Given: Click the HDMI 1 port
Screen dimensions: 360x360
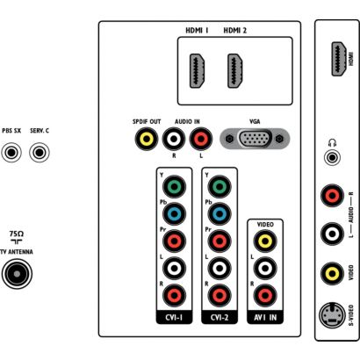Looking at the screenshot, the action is coord(198,71).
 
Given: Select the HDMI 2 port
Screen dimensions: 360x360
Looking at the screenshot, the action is coord(235,71).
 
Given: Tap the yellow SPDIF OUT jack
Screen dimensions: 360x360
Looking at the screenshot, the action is coord(147,139).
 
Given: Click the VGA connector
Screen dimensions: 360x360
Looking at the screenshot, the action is coord(255,139).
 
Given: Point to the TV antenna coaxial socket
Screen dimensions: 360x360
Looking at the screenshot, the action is coord(17,274).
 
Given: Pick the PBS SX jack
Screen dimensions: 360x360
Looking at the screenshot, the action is coord(11,153).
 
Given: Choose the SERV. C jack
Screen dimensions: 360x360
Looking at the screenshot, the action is coord(40,153).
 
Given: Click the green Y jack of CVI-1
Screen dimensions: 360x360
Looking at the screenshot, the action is coord(174,186).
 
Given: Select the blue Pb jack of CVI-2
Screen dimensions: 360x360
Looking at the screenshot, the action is coord(220,213).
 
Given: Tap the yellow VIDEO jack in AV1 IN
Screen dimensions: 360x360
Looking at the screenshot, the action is coord(265,241).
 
